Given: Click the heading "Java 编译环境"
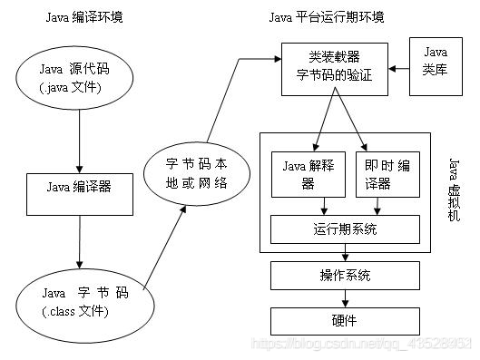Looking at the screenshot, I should tap(83, 19).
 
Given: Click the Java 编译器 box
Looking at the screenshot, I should tap(80, 189).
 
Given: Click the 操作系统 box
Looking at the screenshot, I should tap(345, 275).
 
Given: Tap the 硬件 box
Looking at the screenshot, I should tap(345, 320).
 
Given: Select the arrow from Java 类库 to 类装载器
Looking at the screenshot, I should tap(400, 68).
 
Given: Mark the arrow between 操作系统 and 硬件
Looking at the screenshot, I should tap(345, 297).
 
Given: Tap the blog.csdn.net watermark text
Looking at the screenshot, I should tap(363, 345).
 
